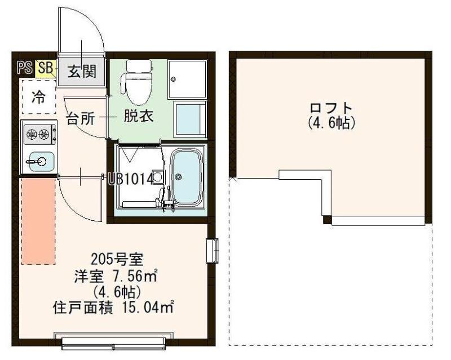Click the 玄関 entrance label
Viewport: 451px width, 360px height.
point(82,72)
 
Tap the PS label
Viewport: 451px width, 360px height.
point(24,68)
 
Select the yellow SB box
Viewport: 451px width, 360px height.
point(46,68)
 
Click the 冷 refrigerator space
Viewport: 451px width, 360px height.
point(38,97)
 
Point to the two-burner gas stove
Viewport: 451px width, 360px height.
point(38,134)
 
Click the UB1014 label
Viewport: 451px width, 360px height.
point(131,179)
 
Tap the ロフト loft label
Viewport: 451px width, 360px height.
point(331,107)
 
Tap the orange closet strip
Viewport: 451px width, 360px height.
point(38,220)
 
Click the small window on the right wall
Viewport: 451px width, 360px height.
point(213,250)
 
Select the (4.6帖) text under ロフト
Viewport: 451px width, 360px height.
point(331,122)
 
